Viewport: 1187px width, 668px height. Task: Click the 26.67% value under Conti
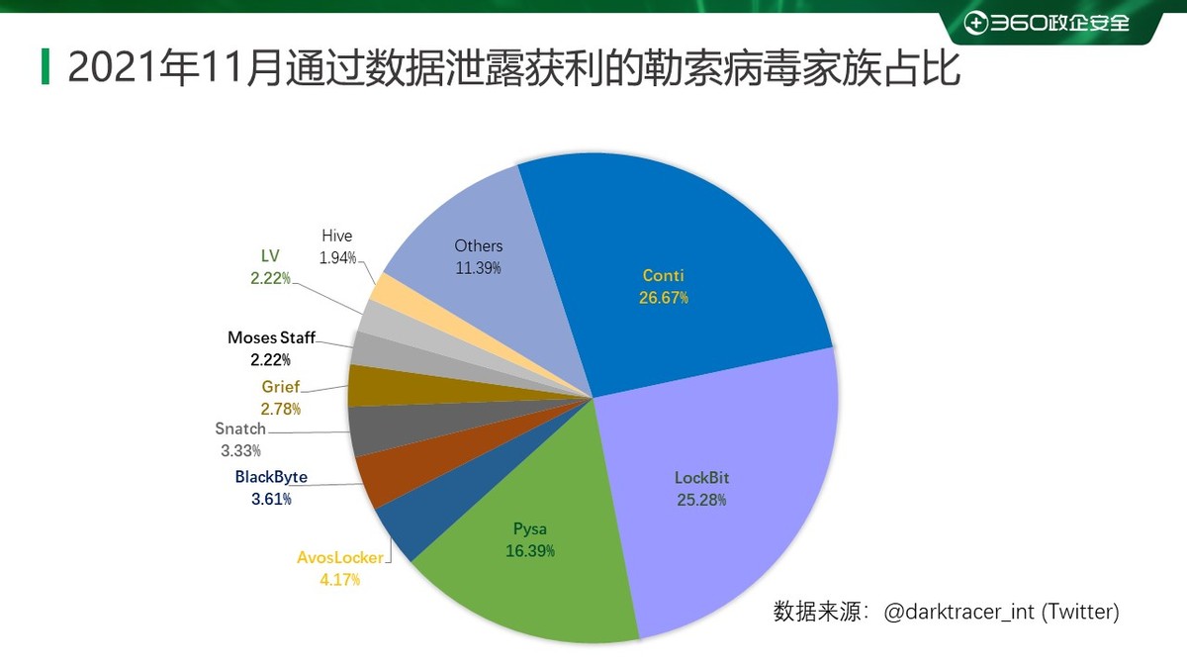click(663, 298)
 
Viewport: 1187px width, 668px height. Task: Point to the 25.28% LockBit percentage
click(701, 500)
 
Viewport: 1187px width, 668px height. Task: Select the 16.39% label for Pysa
click(529, 550)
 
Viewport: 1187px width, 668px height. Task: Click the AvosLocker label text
click(339, 558)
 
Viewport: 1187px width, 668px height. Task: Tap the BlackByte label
click(271, 477)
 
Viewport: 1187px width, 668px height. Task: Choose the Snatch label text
click(240, 429)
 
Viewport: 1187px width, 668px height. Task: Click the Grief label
click(280, 387)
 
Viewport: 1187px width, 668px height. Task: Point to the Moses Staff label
click(271, 337)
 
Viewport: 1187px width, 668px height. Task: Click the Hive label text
click(336, 236)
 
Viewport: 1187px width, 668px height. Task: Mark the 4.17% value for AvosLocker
click(339, 580)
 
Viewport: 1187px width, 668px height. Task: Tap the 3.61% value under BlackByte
click(271, 499)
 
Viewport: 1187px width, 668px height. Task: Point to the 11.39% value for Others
click(479, 267)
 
